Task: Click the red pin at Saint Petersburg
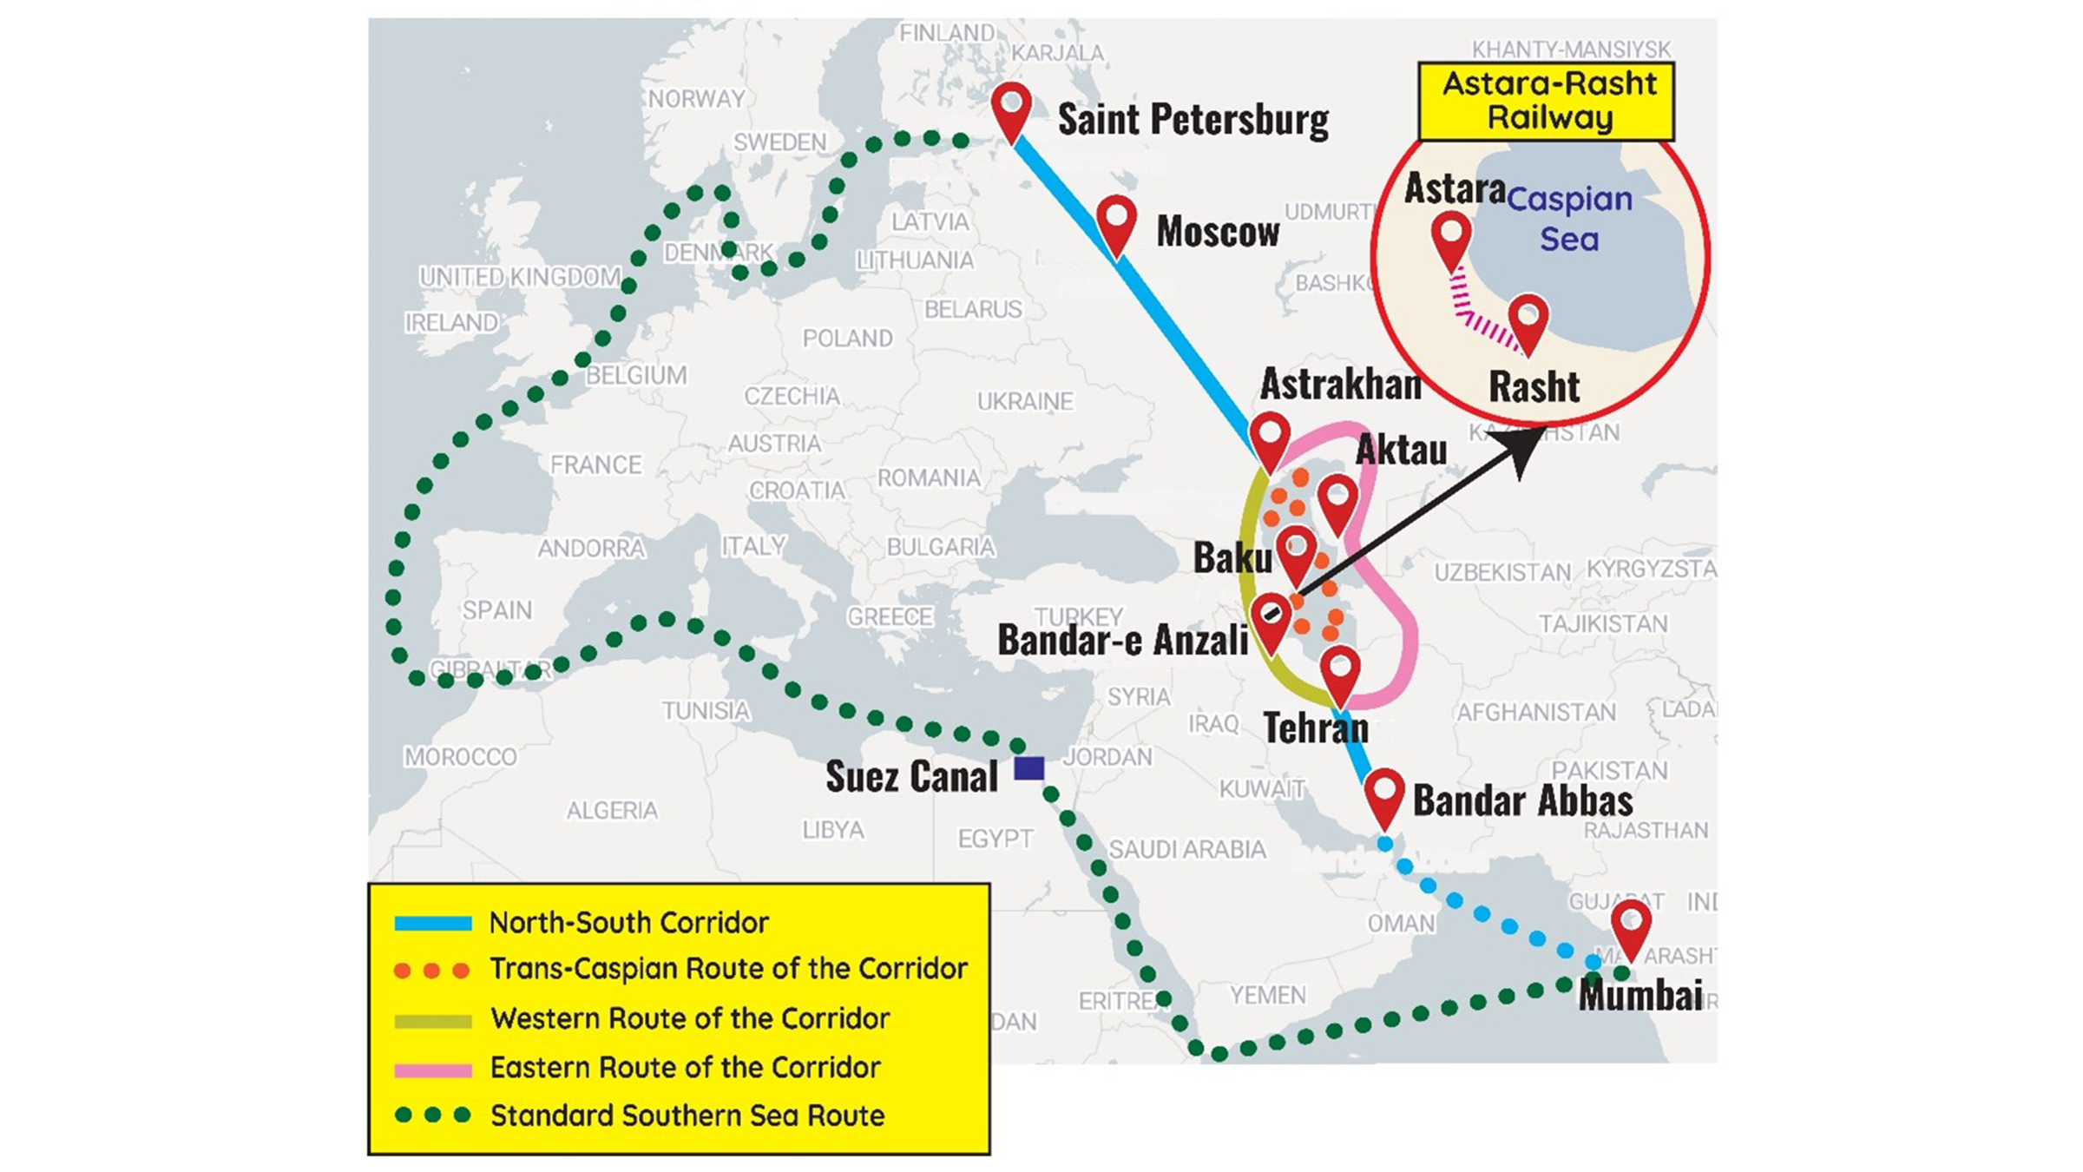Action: (x=1011, y=108)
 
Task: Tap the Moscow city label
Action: (x=1217, y=232)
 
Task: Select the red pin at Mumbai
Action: (x=1630, y=925)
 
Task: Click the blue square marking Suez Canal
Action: (x=1029, y=768)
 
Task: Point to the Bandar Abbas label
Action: (x=1522, y=800)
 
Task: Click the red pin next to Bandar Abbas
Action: (x=1383, y=793)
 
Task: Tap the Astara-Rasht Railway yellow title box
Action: (x=1546, y=101)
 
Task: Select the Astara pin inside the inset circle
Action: (x=1451, y=236)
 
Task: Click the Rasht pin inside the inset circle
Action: (x=1528, y=319)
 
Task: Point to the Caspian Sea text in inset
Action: (x=1569, y=219)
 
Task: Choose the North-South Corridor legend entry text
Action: (x=628, y=922)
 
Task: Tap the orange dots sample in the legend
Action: (x=431, y=970)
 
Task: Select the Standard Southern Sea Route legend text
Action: (x=687, y=1116)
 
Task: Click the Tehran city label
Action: (x=1315, y=728)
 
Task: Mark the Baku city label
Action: (x=1232, y=557)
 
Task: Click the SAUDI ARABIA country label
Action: (x=1186, y=849)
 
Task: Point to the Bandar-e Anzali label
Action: (x=1122, y=640)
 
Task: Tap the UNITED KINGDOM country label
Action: (x=520, y=277)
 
